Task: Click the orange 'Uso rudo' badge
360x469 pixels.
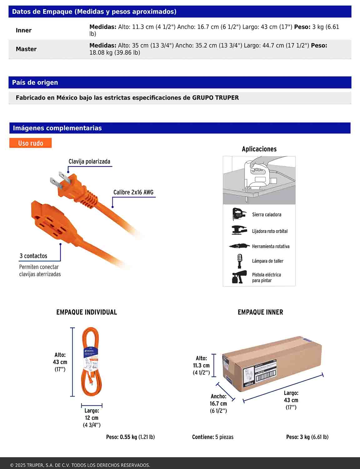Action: point(30,143)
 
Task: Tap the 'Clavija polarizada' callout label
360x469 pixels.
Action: point(89,162)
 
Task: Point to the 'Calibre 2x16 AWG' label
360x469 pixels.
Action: point(133,192)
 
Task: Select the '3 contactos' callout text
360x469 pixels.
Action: point(33,256)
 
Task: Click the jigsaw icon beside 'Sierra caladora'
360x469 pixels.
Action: point(239,214)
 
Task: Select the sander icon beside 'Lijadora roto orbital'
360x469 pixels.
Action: point(239,230)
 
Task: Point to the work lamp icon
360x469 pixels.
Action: point(240,261)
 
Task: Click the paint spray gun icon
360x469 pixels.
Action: point(239,277)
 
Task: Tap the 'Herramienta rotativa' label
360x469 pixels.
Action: point(271,246)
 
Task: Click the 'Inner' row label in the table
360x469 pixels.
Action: point(24,30)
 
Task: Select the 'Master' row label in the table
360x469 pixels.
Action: point(26,49)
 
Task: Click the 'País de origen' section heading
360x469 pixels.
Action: point(35,83)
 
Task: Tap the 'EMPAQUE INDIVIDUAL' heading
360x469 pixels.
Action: point(87,312)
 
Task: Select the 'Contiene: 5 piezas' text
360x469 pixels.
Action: point(212,437)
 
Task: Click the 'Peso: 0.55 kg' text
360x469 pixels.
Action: point(130,437)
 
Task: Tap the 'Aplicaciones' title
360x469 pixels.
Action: point(259,149)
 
